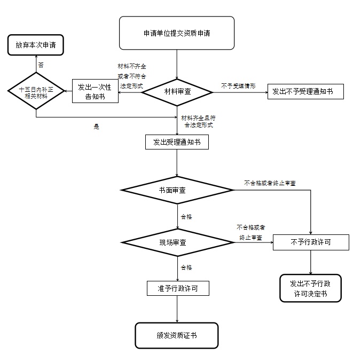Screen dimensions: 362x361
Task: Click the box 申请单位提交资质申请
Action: pyautogui.click(x=176, y=33)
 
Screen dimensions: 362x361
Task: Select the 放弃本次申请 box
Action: pyautogui.click(x=36, y=45)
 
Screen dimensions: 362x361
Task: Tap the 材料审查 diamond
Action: pyautogui.click(x=177, y=92)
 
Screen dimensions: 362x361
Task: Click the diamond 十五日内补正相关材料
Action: pyautogui.click(x=36, y=92)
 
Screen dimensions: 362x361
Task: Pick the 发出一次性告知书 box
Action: pyautogui.click(x=95, y=91)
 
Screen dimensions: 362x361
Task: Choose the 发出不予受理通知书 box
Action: pyautogui.click(x=305, y=92)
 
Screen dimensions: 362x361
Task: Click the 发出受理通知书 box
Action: pyautogui.click(x=177, y=142)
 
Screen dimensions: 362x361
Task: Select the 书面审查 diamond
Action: pyautogui.click(x=176, y=190)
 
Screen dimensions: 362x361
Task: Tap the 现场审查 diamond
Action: pyautogui.click(x=176, y=242)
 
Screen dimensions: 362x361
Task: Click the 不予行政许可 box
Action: pyautogui.click(x=311, y=242)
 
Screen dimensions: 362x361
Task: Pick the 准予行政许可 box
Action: pyautogui.click(x=177, y=288)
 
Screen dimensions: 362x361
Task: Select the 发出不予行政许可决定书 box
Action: pyautogui.click(x=311, y=288)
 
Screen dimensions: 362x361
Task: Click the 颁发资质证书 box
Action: pyautogui.click(x=177, y=335)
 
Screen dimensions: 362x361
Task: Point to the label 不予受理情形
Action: pyautogui.click(x=238, y=85)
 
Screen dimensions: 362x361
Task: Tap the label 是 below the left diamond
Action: pyautogui.click(x=97, y=127)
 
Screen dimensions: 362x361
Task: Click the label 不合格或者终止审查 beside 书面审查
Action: pyautogui.click(x=270, y=183)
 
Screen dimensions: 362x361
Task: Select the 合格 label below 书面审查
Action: pyautogui.click(x=186, y=217)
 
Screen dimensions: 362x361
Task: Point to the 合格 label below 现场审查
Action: pyautogui.click(x=186, y=267)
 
